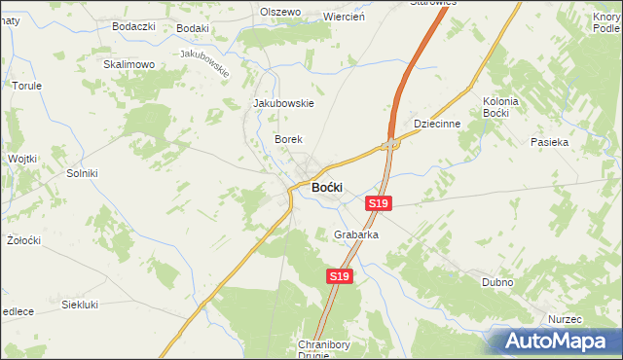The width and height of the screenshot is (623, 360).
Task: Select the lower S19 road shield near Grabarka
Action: [338, 277]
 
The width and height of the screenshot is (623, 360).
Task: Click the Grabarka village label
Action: [355, 235]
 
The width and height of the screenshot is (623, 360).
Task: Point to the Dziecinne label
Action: [435, 125]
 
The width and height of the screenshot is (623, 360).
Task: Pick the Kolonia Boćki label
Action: [501, 107]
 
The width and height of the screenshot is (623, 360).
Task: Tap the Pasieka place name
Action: [549, 142]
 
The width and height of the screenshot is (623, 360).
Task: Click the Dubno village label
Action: [497, 282]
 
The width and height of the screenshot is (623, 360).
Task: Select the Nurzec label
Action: [564, 319]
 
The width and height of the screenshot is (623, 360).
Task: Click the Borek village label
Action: [289, 140]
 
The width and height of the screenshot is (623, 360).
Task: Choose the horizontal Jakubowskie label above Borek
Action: [283, 103]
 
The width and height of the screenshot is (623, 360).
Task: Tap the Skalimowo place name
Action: [129, 64]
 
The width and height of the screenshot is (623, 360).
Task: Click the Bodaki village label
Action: [193, 29]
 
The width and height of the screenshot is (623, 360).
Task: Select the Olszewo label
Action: [280, 13]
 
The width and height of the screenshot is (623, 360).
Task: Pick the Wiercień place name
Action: [343, 17]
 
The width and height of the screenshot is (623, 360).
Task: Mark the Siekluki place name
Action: [80, 305]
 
